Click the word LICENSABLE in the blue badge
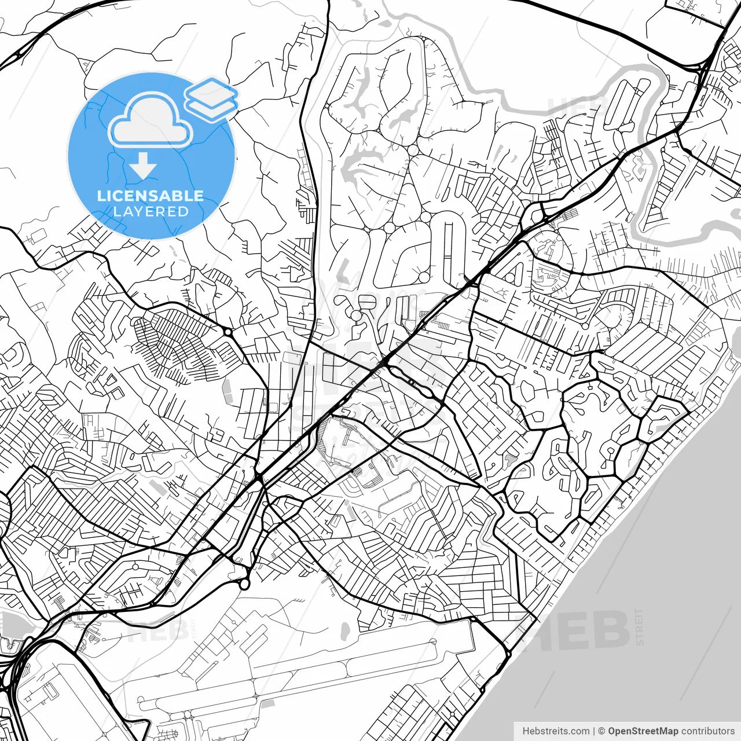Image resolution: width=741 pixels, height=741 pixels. (151, 196)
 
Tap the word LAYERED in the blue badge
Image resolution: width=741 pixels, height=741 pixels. (151, 212)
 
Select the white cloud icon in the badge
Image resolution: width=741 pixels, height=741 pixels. (151, 120)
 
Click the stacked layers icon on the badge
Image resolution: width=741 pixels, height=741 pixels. (211, 98)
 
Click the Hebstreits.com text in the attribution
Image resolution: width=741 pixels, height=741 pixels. (556, 731)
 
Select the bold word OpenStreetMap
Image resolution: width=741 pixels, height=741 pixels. (643, 731)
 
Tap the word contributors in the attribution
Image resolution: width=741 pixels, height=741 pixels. (707, 731)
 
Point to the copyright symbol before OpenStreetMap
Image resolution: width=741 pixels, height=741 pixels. (601, 731)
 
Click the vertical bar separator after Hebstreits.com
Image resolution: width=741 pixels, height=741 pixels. (594, 731)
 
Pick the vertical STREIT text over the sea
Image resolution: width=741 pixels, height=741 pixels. (639, 626)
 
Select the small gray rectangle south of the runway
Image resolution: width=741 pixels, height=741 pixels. (267, 704)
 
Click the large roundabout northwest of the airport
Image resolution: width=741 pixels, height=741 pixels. (244, 584)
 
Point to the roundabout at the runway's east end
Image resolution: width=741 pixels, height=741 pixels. (472, 620)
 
